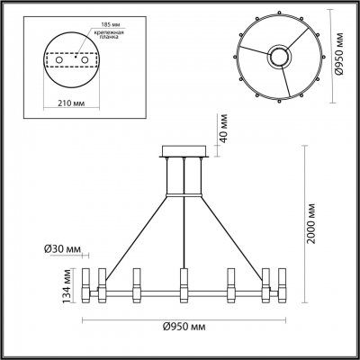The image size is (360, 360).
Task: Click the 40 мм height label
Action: [x=214, y=133]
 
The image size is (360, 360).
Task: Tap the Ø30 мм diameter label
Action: [x=61, y=248]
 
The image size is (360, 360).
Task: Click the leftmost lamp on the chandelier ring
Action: [x=87, y=285]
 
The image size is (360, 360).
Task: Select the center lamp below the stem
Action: [x=184, y=285]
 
